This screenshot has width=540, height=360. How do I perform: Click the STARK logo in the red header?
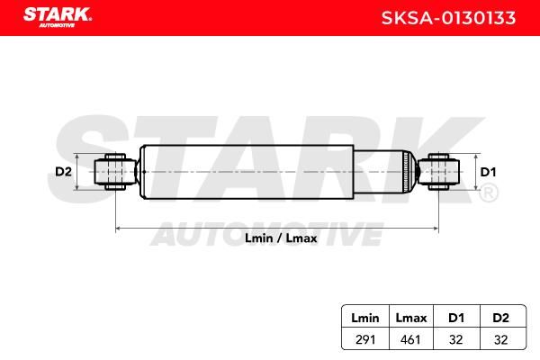[58, 16]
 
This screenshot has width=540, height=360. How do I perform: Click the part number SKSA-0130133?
[448, 18]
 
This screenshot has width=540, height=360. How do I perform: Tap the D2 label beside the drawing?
[63, 171]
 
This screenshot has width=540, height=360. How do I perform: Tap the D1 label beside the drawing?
[488, 172]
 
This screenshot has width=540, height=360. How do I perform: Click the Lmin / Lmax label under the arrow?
[281, 238]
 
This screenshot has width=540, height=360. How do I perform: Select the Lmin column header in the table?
[365, 318]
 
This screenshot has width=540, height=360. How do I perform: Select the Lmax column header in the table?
[411, 318]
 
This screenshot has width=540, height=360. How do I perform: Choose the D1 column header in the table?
[456, 318]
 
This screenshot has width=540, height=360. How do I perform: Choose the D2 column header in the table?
[500, 318]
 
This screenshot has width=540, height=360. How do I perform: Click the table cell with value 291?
[365, 339]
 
